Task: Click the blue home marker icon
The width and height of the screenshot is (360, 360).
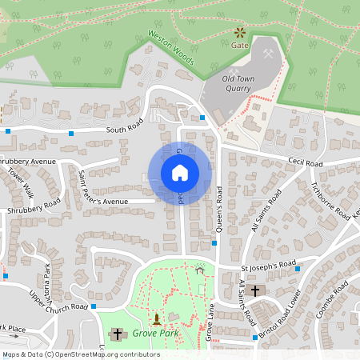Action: [x=179, y=172]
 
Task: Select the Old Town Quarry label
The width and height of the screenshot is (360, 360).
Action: [x=243, y=84]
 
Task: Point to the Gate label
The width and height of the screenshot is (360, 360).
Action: [x=240, y=46]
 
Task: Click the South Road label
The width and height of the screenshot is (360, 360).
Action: [x=123, y=130]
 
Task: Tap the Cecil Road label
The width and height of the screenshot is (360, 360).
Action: [x=306, y=163]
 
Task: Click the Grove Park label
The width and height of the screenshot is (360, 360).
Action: [x=154, y=332]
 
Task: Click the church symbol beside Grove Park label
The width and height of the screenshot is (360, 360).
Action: [x=118, y=334]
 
